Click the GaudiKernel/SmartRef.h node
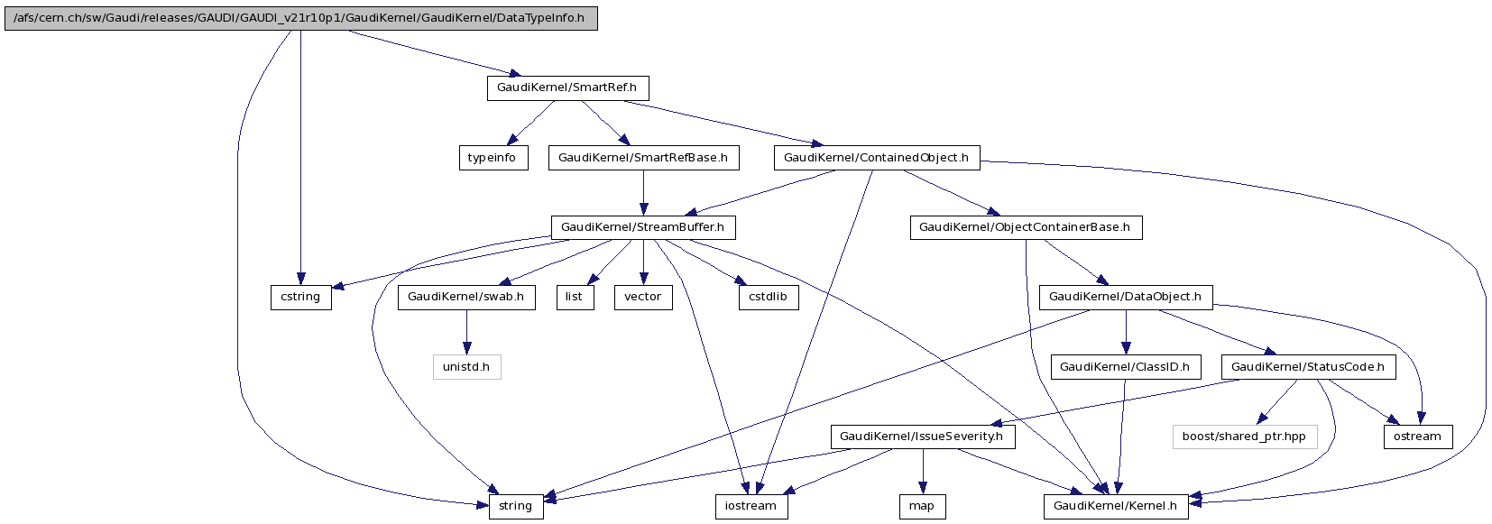pos(567,88)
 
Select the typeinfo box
pos(492,158)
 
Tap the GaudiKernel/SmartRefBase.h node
pos(643,158)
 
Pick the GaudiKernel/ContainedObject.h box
pos(876,158)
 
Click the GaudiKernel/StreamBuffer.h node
pos(642,227)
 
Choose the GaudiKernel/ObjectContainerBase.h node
pos(1025,227)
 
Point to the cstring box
pos(300,297)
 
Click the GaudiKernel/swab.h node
pos(465,297)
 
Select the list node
pos(574,297)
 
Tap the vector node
pos(643,297)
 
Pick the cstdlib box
pos(768,297)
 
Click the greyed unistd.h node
pos(466,367)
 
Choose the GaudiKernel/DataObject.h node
pos(1126,297)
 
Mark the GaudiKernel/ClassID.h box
pos(1125,367)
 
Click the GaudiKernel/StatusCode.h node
pos(1307,367)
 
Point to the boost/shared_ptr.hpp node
pos(1244,437)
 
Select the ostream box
pos(1417,437)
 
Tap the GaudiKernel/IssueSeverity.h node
pos(922,437)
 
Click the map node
pos(921,506)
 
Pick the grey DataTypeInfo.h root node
pos(300,18)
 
